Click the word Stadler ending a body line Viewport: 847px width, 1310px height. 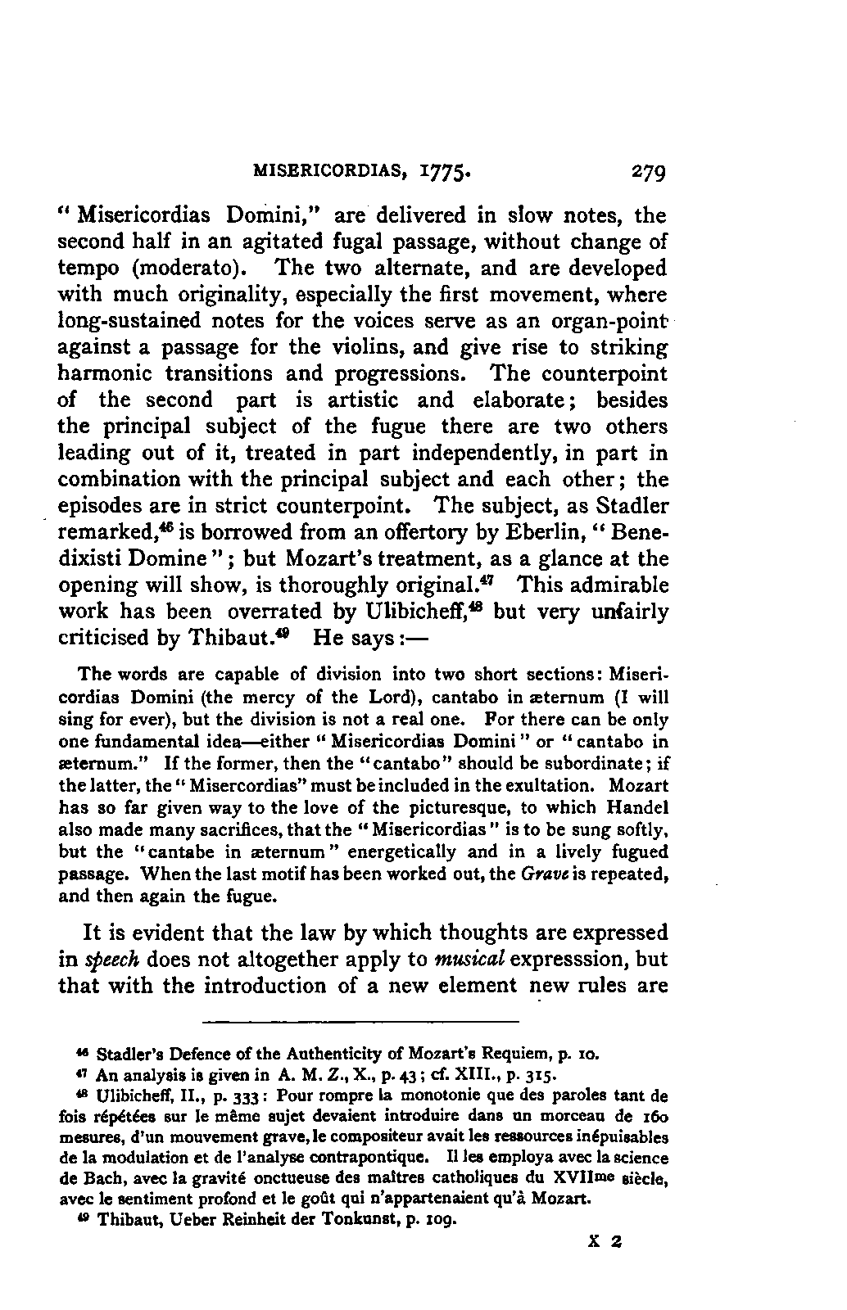tap(628, 505)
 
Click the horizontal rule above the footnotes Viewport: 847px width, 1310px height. tap(361, 1022)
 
